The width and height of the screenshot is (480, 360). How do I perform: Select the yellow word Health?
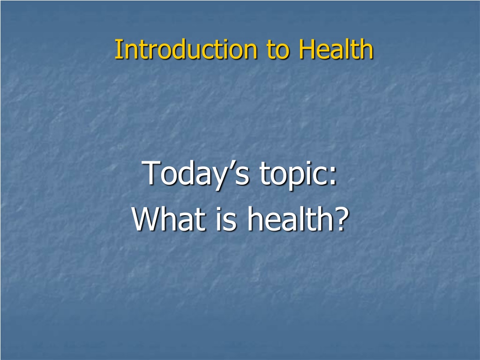pos(336,49)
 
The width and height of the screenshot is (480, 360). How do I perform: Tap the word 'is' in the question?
pos(226,218)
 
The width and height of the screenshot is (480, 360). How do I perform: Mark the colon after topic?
pos(333,177)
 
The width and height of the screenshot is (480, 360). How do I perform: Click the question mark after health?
pos(342,218)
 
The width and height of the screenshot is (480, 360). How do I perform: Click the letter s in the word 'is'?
pos(231,222)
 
